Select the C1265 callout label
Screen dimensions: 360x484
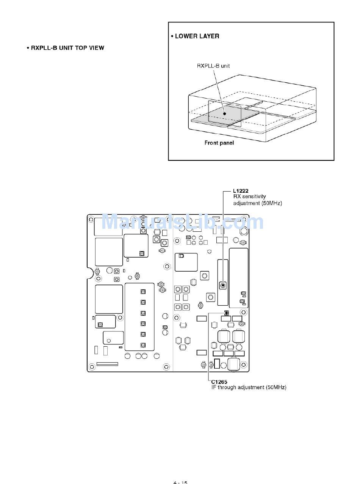tap(219, 382)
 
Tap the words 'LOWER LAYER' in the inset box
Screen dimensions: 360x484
tap(197, 36)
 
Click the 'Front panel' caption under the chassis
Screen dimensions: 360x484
tap(219, 143)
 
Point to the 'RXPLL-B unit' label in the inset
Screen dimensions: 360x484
tap(213, 66)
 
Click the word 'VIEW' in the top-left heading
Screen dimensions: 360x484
tap(96, 48)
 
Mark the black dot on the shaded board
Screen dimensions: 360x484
tap(225, 113)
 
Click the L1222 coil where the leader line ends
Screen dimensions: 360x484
tap(223, 285)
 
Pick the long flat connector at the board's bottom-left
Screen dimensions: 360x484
tap(107, 364)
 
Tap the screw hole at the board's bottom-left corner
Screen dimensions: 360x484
tap(92, 367)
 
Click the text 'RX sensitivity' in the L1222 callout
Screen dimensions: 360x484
tap(249, 196)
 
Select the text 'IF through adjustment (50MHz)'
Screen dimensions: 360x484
tap(249, 387)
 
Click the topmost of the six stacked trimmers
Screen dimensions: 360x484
tap(143, 292)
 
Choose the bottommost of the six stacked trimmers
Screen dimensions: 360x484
tap(143, 345)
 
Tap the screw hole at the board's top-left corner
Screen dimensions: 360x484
tap(92, 219)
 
